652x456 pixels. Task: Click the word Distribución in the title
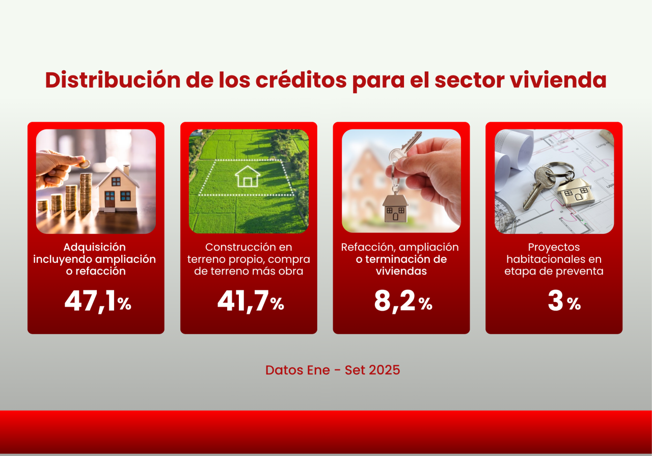113,80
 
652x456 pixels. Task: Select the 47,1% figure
98,302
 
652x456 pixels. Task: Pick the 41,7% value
251,302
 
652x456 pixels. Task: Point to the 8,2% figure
403,302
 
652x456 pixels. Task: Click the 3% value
564,301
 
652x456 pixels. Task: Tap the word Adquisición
95,247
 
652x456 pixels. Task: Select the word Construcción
237,247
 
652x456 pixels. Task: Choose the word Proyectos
554,248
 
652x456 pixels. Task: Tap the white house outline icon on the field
248,176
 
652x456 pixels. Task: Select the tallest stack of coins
86,192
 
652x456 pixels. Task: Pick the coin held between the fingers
85,165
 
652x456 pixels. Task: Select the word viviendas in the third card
401,271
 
